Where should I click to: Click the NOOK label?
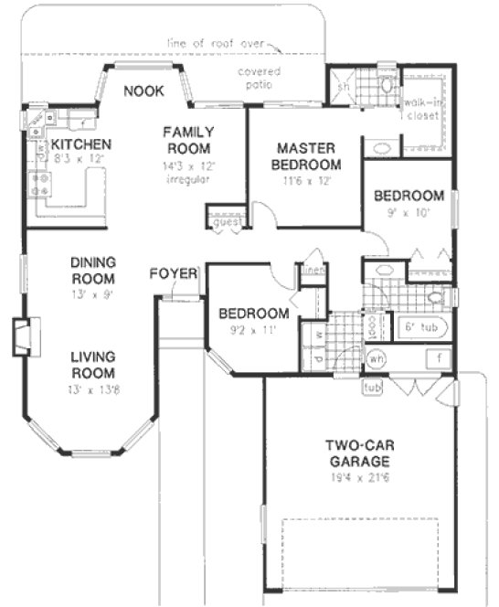click(143, 91)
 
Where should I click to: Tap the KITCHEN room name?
click(81, 144)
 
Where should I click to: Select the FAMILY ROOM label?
click(188, 140)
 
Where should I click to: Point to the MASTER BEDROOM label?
click(309, 155)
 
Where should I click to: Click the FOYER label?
click(171, 272)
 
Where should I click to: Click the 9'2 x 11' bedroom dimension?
click(253, 330)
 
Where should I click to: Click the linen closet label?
click(313, 269)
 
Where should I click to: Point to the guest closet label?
click(223, 221)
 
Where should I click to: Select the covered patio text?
click(260, 77)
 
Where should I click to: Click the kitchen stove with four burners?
click(40, 186)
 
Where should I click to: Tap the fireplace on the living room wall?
click(23, 336)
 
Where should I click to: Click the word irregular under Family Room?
click(188, 179)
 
